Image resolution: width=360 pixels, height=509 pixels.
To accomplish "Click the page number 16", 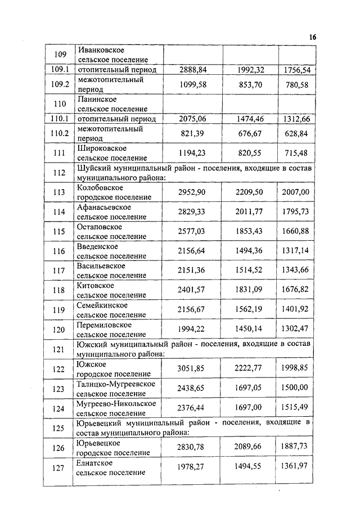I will coord(313,37).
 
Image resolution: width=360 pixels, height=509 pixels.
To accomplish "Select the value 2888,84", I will coord(190,70).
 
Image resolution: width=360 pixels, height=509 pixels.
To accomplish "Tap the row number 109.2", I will coord(60,84).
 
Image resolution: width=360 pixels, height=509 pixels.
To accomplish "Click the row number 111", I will coord(60,154).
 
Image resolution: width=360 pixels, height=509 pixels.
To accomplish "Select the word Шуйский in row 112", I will coord(91,168).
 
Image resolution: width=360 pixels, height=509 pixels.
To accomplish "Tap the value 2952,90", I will coord(190,192).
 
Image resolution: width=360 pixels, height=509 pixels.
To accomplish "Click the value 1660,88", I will coord(295,232).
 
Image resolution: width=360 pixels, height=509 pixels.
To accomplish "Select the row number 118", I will coord(60,291).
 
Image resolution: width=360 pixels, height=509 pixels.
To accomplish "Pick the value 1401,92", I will coord(295,310).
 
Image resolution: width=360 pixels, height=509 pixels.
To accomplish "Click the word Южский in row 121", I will coord(89,343).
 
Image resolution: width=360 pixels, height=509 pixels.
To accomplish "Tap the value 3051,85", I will coord(190,369).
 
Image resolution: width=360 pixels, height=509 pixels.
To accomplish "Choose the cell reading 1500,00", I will coord(295,388).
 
